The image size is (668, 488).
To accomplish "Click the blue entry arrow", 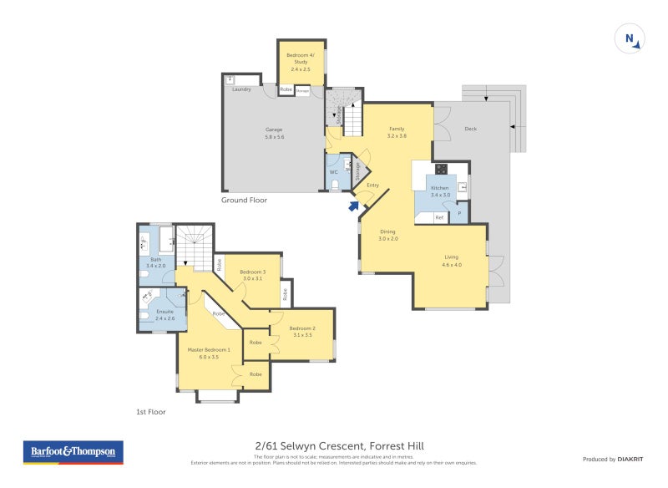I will click(353, 206).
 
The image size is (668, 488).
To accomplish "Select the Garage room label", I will click(274, 133).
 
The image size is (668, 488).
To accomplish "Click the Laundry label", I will click(242, 89).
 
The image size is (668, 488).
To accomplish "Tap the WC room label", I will click(333, 173).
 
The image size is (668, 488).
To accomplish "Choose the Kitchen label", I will click(440, 191).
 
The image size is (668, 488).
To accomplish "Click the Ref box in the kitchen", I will click(439, 217).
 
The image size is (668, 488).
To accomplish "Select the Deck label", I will click(470, 129).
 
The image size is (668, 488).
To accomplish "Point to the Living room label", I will click(451, 261).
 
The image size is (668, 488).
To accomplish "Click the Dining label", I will click(387, 235).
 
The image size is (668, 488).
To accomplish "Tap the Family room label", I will click(397, 132).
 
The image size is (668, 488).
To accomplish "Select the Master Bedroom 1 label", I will click(203, 353).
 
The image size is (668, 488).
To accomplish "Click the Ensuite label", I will click(165, 314).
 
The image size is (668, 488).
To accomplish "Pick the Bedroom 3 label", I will click(252, 275).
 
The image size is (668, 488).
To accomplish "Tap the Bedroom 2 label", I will click(301, 331).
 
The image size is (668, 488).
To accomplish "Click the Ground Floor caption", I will click(244, 201).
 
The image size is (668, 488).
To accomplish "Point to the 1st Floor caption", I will click(151, 412).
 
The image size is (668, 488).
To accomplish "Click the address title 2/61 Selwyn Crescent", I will click(333, 446).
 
